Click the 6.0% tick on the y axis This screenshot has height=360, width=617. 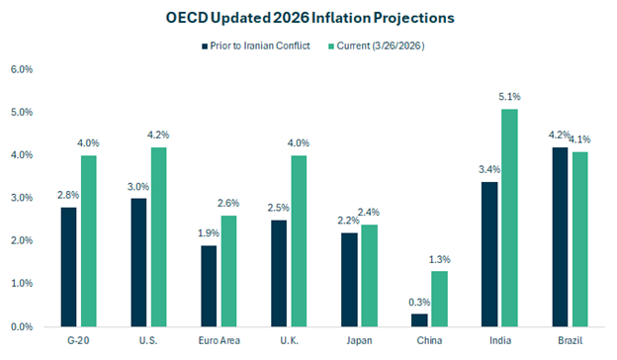pos(21,70)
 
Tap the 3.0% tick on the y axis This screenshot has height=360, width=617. pos(21,198)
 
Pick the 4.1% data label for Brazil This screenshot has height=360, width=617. pos(580,139)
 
